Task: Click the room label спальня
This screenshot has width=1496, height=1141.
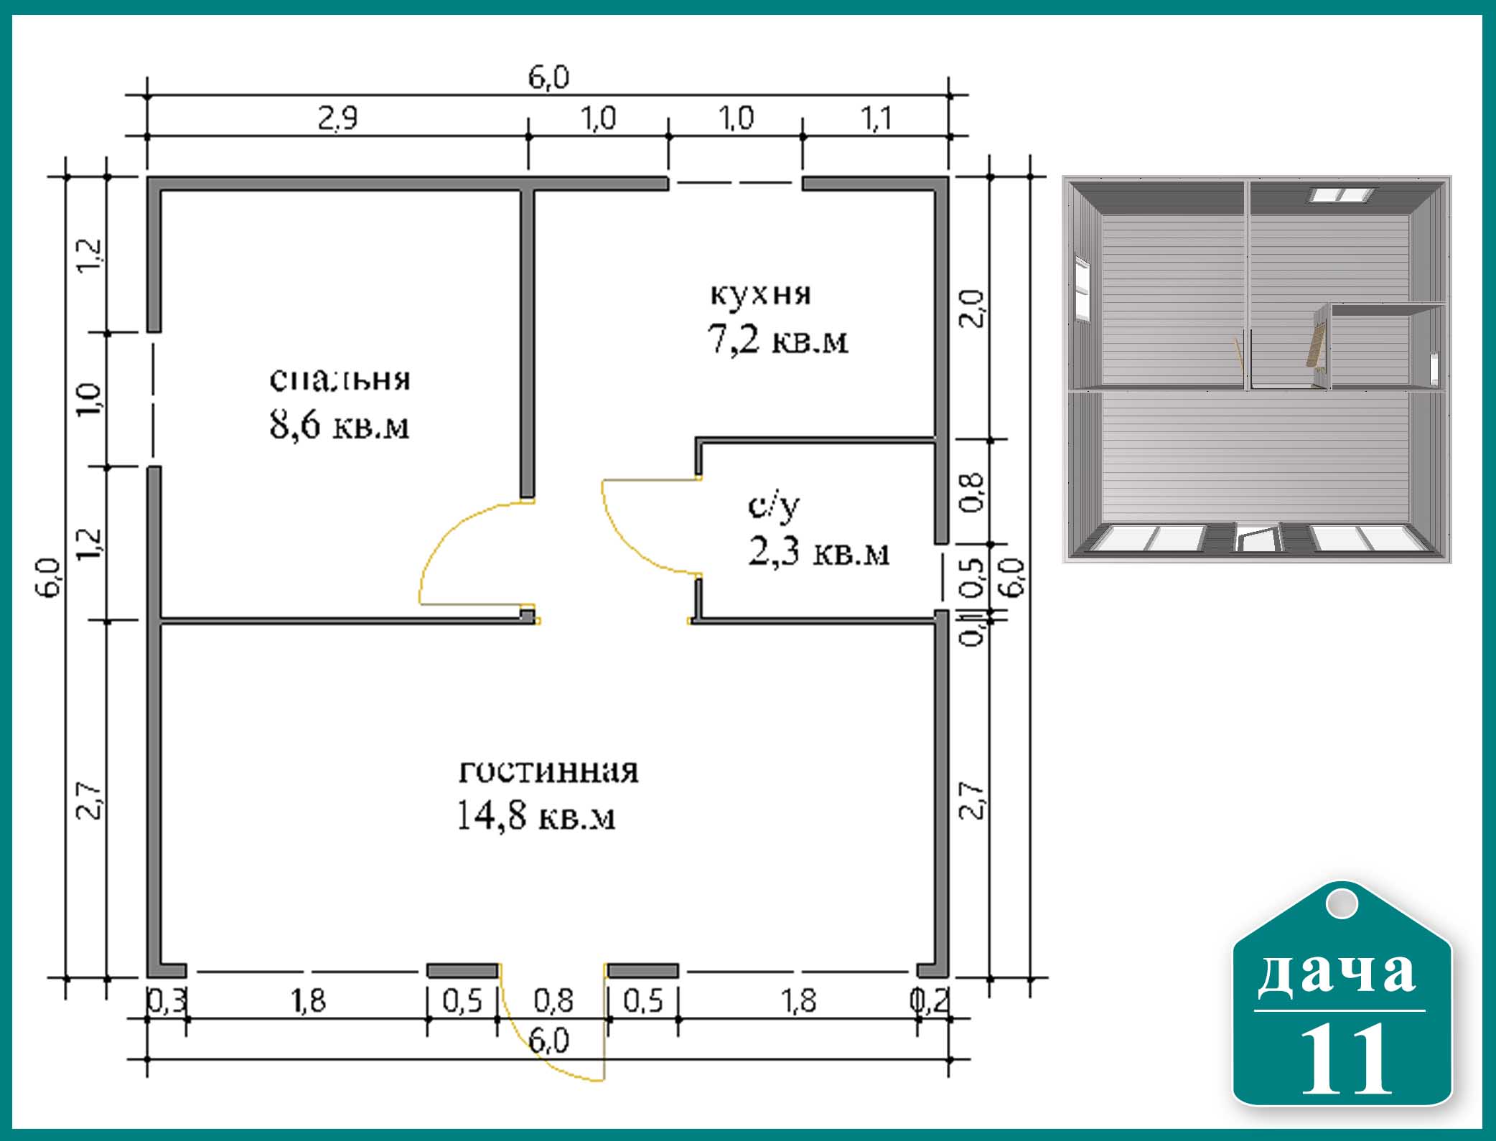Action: click(340, 380)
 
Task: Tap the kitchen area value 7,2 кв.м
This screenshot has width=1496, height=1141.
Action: click(777, 339)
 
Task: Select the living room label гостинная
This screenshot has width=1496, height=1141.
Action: click(548, 771)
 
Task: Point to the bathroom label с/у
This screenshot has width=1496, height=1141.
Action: click(774, 507)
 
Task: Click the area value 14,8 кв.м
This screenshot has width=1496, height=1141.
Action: click(536, 816)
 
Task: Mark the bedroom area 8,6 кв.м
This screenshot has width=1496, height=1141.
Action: click(340, 425)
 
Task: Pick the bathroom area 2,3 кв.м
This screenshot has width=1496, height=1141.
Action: click(818, 553)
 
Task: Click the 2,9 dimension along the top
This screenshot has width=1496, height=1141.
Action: click(337, 118)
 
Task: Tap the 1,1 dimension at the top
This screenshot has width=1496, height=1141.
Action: click(876, 118)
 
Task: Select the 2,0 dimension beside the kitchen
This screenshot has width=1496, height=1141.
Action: click(971, 309)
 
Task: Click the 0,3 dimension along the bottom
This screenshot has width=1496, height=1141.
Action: click(167, 1000)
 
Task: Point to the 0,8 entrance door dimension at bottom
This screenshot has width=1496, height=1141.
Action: click(553, 1000)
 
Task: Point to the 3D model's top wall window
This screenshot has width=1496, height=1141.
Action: click(1342, 194)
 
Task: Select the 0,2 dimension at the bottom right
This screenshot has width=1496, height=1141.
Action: click(931, 1000)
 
